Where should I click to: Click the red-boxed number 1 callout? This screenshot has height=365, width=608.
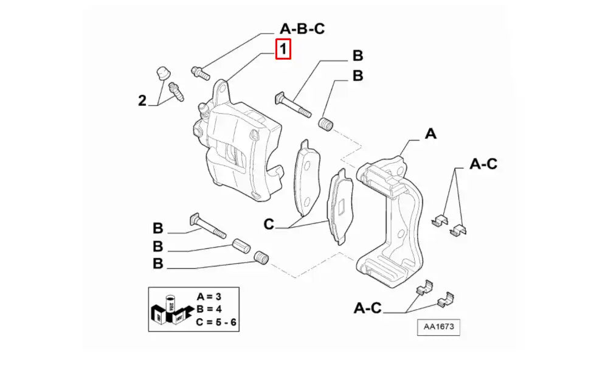(x=283, y=49)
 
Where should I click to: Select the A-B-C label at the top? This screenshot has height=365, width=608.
(x=302, y=29)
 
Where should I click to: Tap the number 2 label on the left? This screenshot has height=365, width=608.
(x=142, y=101)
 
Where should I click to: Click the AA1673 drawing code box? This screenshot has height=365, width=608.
(x=438, y=327)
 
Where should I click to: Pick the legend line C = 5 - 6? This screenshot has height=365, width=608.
(x=217, y=321)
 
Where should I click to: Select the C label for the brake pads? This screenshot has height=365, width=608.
(x=269, y=225)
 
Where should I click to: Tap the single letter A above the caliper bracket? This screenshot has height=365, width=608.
(x=430, y=134)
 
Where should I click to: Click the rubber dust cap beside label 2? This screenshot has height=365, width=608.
(x=162, y=72)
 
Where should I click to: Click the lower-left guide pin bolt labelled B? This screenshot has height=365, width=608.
(x=208, y=224)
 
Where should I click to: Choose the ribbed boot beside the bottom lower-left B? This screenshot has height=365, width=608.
(x=261, y=259)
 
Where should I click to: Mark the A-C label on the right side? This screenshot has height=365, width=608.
(x=483, y=163)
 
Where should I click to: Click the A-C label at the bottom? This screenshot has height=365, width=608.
(x=368, y=308)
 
